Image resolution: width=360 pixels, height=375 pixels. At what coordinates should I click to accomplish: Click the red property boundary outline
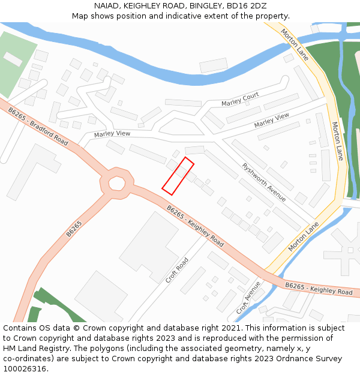[x=178, y=176]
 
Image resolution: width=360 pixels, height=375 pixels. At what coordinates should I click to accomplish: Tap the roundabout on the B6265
[x=116, y=183]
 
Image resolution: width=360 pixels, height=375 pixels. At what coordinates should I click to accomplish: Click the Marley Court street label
[x=240, y=100]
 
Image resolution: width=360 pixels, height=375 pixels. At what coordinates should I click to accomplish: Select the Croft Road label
[x=178, y=270]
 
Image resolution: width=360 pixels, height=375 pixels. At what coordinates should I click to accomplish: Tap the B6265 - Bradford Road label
[x=38, y=126]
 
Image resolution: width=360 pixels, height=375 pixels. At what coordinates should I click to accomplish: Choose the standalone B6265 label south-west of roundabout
[x=74, y=229]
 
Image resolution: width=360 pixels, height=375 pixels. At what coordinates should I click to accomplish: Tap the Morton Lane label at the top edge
[x=295, y=44]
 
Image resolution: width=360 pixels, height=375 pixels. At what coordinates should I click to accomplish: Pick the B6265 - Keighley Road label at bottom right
[x=319, y=289]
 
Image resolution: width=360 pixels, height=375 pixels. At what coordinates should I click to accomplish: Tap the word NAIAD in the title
[x=106, y=6]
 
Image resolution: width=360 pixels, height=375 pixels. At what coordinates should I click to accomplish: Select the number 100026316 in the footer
[x=24, y=369]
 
